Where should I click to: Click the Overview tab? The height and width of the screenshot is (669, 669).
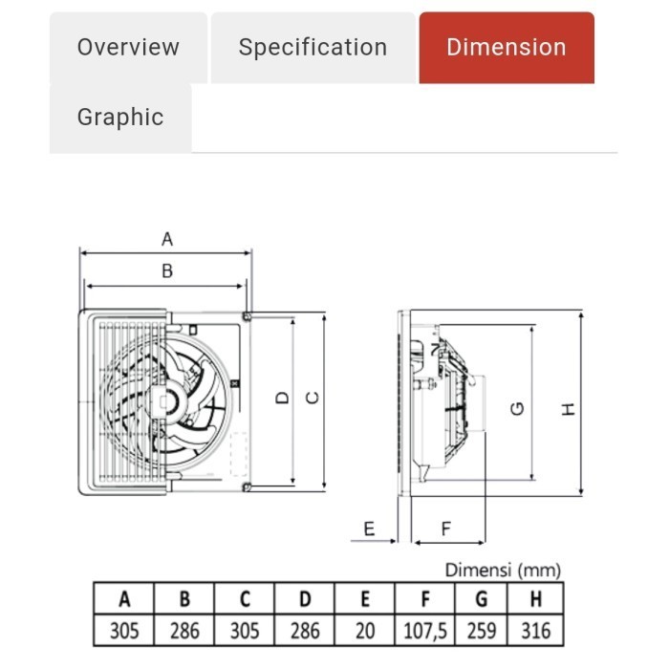pyautogui.click(x=128, y=48)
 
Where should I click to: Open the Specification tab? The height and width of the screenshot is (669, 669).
pyautogui.click(x=313, y=48)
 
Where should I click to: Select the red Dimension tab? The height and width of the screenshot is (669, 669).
pyautogui.click(x=507, y=48)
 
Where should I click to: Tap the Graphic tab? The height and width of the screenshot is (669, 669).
pyautogui.click(x=120, y=117)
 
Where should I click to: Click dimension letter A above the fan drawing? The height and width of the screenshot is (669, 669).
pyautogui.click(x=167, y=239)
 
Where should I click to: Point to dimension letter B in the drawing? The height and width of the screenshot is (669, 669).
pyautogui.click(x=167, y=270)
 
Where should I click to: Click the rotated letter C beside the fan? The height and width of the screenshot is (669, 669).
pyautogui.click(x=313, y=399)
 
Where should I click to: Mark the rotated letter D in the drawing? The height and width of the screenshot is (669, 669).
pyautogui.click(x=283, y=399)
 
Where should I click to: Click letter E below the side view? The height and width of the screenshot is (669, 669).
pyautogui.click(x=369, y=529)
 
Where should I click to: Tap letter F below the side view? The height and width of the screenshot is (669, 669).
pyautogui.click(x=446, y=529)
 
